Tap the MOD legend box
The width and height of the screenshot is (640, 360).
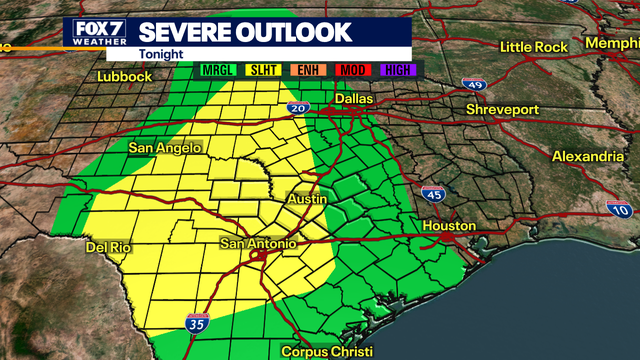(x=353, y=68)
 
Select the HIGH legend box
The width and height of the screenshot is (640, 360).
(x=396, y=68)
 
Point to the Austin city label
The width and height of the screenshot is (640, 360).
(x=307, y=200)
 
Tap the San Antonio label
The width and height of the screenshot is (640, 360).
(x=258, y=244)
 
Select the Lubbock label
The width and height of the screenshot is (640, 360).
(x=124, y=76)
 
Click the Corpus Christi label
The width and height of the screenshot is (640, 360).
(x=327, y=352)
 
